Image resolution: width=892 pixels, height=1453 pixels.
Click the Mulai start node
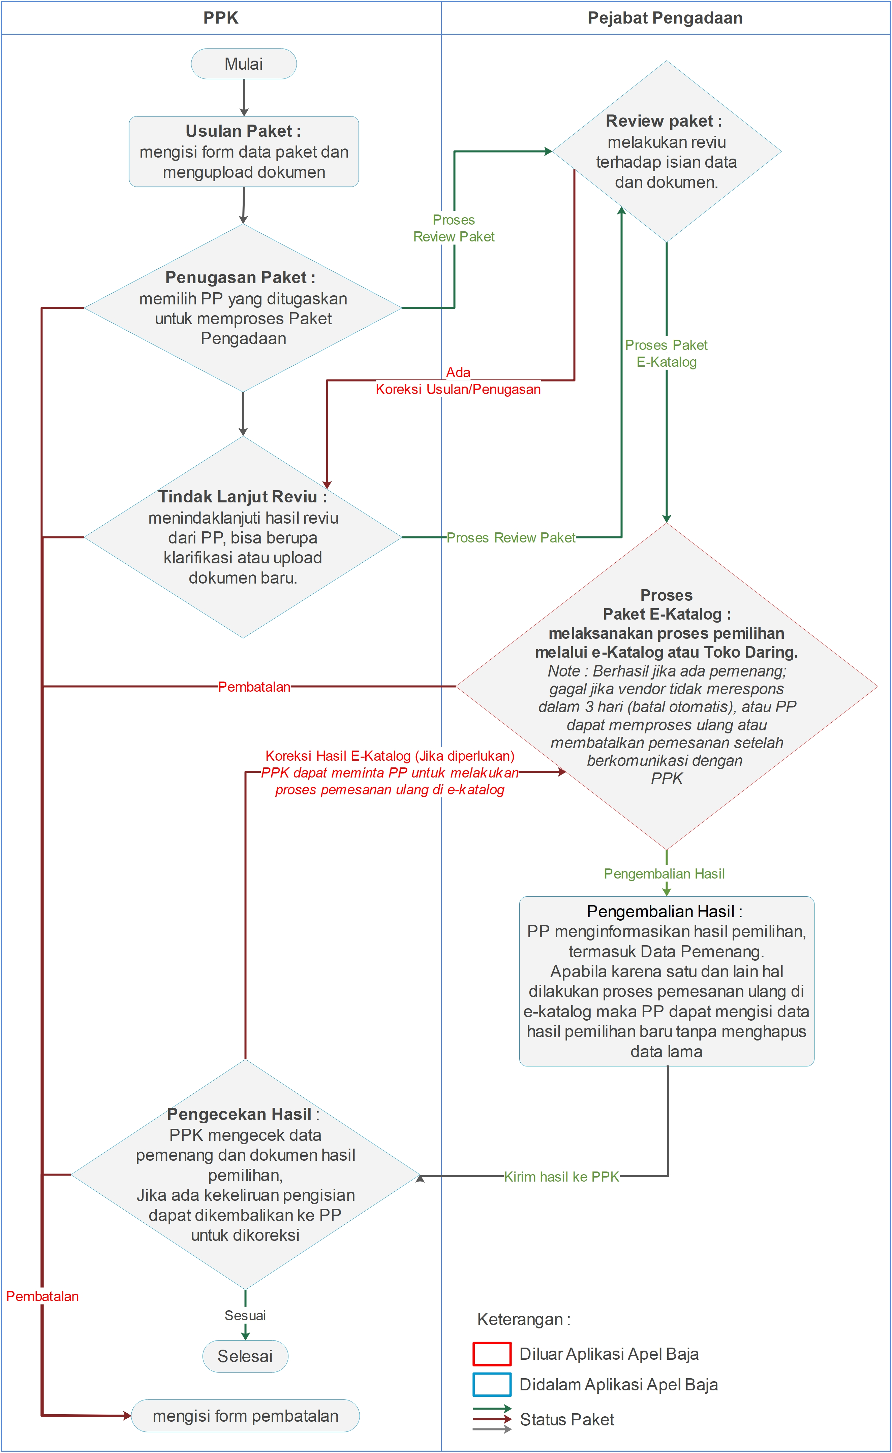point(244,64)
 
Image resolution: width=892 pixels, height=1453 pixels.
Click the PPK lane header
point(221,18)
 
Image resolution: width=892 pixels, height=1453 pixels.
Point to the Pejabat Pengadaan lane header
point(665,18)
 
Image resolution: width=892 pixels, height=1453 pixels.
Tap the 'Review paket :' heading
point(664,121)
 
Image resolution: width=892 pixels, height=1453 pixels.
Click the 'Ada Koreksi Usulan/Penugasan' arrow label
point(458,381)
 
